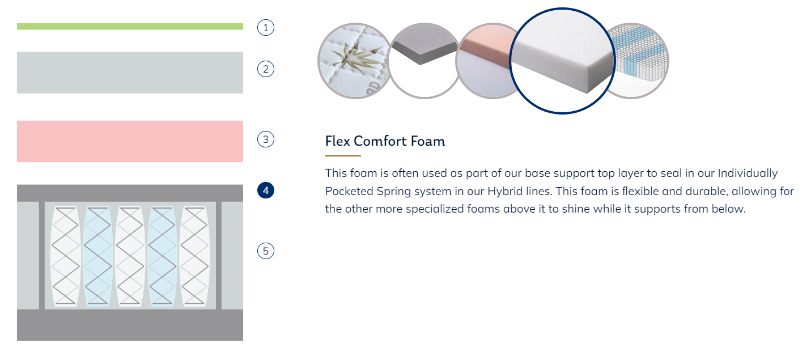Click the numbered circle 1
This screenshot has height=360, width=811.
(266, 28)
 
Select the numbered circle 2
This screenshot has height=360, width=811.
(266, 69)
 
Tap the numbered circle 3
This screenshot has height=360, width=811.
(266, 139)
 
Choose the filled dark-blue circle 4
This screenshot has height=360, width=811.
(266, 190)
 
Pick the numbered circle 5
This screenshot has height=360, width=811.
(266, 251)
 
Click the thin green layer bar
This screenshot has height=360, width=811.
(130, 27)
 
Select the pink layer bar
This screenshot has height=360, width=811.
(130, 141)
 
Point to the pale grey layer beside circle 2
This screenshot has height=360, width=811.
(130, 73)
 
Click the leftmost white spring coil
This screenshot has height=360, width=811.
(65, 256)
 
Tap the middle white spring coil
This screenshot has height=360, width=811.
(130, 256)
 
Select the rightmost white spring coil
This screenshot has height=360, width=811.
(195, 256)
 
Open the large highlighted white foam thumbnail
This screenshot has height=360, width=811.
(563, 61)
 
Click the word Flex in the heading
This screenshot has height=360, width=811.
(337, 141)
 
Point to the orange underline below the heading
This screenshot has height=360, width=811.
(343, 156)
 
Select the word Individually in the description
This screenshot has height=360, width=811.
(748, 173)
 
